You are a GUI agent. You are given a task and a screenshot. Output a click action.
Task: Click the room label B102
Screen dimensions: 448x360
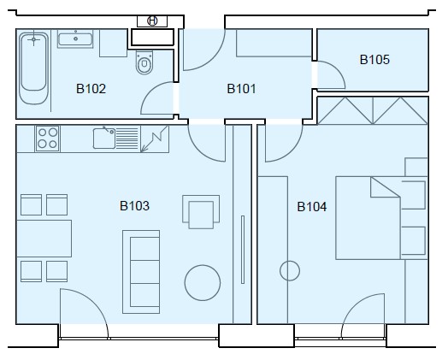tap(91, 89)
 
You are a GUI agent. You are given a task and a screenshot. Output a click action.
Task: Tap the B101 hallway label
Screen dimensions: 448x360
tap(241, 89)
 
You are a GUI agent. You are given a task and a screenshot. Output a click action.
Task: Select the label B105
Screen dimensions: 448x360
tap(374, 60)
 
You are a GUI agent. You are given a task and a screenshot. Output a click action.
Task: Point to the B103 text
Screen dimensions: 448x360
tap(134, 206)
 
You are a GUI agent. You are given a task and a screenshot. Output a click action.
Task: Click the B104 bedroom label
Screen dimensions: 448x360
tap(312, 207)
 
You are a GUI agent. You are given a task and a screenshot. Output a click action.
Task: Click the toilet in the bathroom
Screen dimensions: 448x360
tap(144, 62)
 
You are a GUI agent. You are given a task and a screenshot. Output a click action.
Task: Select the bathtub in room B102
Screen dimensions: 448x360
tap(33, 68)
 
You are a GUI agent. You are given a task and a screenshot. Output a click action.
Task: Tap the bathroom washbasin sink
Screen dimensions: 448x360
tap(75, 38)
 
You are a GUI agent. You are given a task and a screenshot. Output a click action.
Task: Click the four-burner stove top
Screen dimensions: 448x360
tap(47, 139)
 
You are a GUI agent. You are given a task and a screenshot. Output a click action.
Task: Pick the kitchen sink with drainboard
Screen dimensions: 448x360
tap(115, 139)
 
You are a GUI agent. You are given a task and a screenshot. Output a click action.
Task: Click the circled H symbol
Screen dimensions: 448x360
tap(152, 21)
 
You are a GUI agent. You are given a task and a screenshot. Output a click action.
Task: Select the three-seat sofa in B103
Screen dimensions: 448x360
tap(141, 272)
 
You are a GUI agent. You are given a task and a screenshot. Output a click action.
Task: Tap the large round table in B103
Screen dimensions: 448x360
tap(203, 283)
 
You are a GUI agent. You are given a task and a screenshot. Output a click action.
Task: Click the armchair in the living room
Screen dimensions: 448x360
tap(201, 212)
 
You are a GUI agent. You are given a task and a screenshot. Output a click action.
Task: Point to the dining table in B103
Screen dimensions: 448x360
tap(44, 239)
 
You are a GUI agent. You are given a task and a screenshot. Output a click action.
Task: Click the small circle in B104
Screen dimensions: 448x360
tap(290, 271)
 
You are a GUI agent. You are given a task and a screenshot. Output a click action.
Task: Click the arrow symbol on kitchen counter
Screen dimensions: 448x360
tap(154, 139)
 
